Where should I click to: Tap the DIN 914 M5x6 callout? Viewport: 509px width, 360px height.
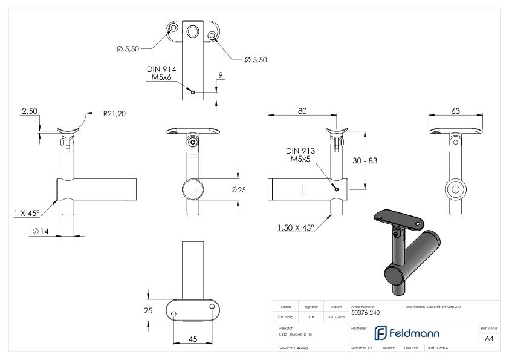point(161,73)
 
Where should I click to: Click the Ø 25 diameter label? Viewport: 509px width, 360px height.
point(239,189)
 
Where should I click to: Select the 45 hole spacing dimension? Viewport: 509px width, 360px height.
point(193,339)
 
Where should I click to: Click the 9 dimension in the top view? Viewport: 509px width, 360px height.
point(222,76)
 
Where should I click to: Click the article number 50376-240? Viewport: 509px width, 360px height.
point(365,313)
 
